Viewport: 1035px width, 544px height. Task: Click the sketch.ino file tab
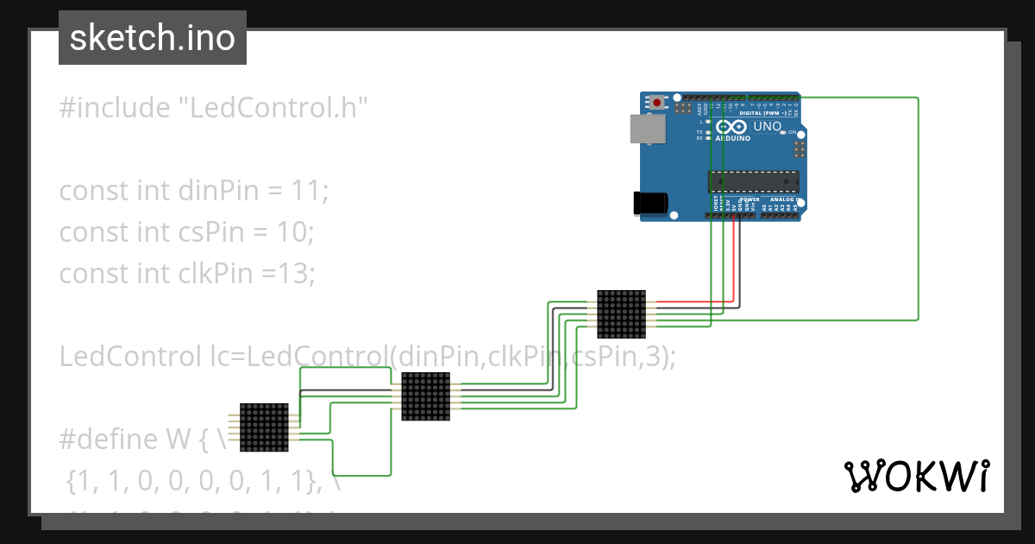pos(153,38)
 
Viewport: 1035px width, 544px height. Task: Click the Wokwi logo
pos(915,476)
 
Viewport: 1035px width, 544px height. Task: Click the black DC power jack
pos(650,202)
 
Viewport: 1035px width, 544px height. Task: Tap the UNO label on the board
pos(767,127)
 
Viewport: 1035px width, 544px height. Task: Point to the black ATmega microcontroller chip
pos(753,180)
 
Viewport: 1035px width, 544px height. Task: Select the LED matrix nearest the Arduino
pos(621,313)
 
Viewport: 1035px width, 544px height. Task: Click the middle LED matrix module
pos(426,396)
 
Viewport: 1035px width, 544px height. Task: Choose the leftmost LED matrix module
pos(263,427)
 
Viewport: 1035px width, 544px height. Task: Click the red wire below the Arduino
pos(735,259)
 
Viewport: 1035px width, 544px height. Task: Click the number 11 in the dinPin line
pos(307,190)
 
